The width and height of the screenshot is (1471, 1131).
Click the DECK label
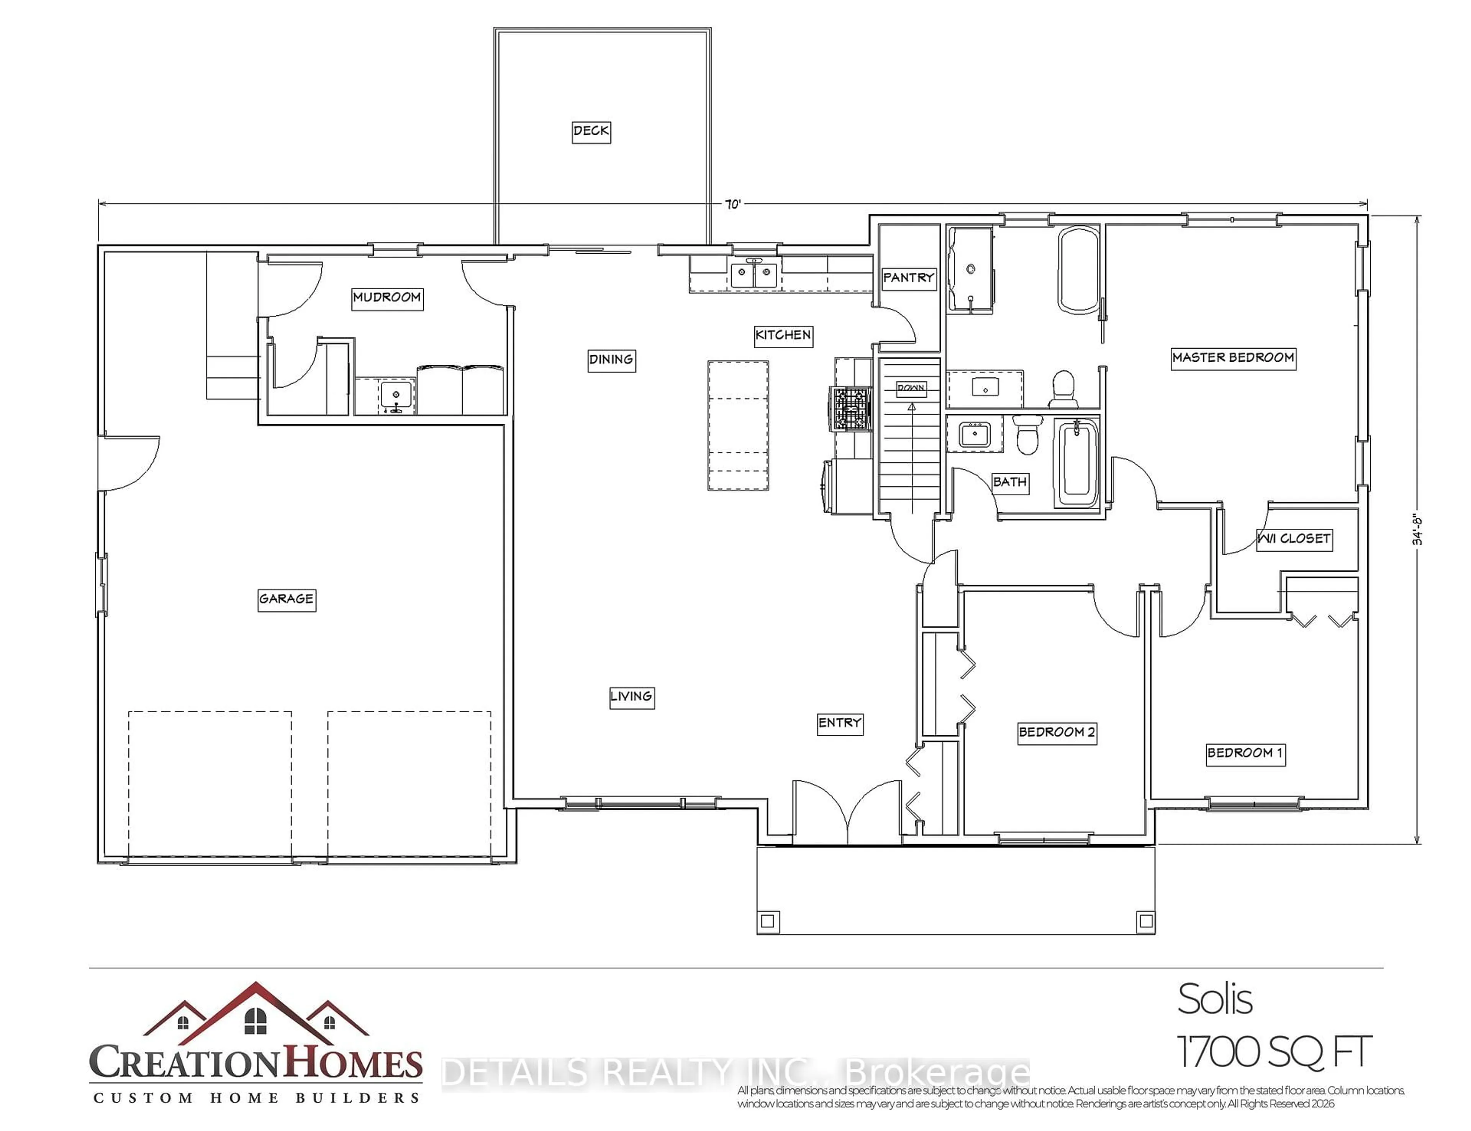[591, 131]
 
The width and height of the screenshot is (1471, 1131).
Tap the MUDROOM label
[387, 298]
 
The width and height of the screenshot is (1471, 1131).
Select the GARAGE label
[286, 598]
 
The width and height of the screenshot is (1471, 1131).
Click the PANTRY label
[908, 277]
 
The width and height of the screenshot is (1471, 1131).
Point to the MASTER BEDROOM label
[1233, 357]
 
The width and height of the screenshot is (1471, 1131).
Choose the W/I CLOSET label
[1293, 539]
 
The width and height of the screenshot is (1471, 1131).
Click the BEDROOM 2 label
[1057, 732]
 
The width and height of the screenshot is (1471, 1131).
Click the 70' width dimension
[732, 204]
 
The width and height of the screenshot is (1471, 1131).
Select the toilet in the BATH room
[1027, 434]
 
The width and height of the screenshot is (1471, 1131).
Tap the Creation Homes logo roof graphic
[256, 1010]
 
